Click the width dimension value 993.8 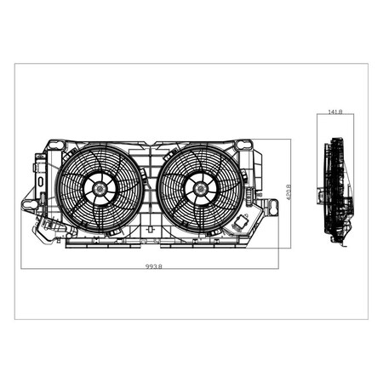pyautogui.click(x=153, y=266)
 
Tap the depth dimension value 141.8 pyautogui.click(x=334, y=111)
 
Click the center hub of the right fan pyautogui.click(x=201, y=189)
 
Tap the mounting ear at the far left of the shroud pyautogui.click(x=26, y=204)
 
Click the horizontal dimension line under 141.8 pyautogui.click(x=334, y=117)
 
